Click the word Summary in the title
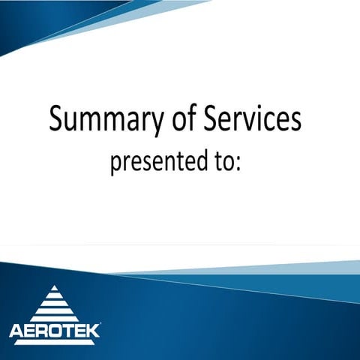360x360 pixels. click(105, 120)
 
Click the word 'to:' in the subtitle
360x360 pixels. click(224, 162)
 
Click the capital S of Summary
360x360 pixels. click(58, 118)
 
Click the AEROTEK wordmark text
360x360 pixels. click(54, 331)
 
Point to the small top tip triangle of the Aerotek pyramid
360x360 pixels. click(54, 289)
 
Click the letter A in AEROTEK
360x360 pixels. click(16, 331)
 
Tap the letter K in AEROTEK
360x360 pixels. click(92, 331)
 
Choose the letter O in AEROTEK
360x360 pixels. click(55, 331)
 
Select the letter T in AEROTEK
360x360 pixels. click(67, 331)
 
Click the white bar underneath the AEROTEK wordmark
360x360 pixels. click(54, 342)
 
